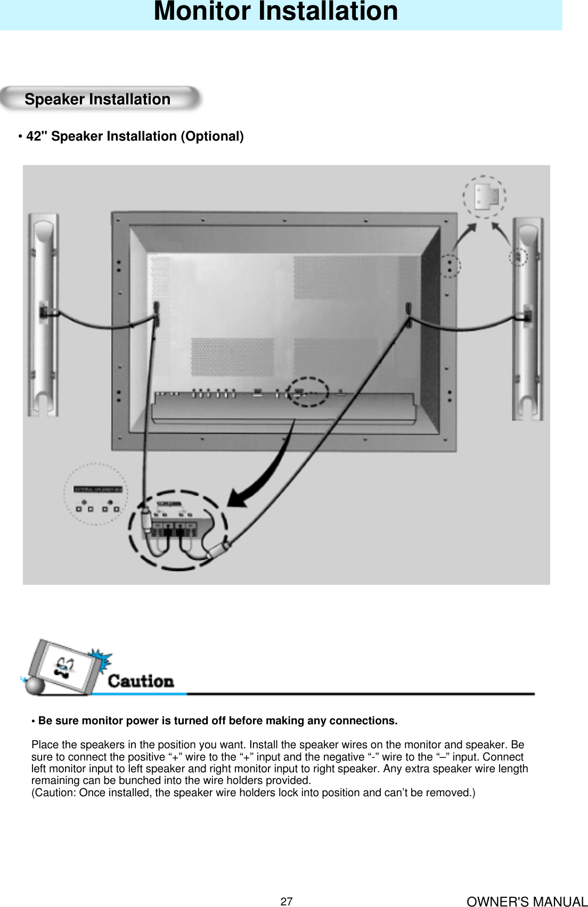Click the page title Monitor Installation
[275, 12]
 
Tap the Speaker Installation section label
[97, 100]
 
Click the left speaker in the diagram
[44, 314]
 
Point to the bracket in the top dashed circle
[486, 196]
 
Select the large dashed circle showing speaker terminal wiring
[178, 529]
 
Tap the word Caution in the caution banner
[141, 681]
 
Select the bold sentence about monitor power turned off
[217, 721]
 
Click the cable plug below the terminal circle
[219, 549]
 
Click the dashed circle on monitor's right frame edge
[451, 265]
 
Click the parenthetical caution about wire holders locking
[254, 792]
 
